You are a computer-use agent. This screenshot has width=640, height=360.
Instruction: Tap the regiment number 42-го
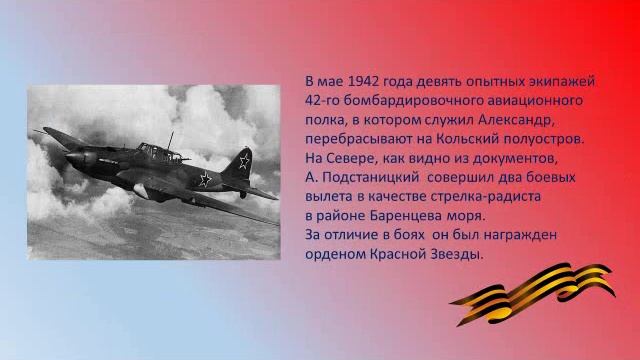(x=324, y=101)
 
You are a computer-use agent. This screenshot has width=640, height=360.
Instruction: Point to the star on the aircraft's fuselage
(x=204, y=179)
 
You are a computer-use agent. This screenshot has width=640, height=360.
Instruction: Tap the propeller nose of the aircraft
(x=71, y=157)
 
